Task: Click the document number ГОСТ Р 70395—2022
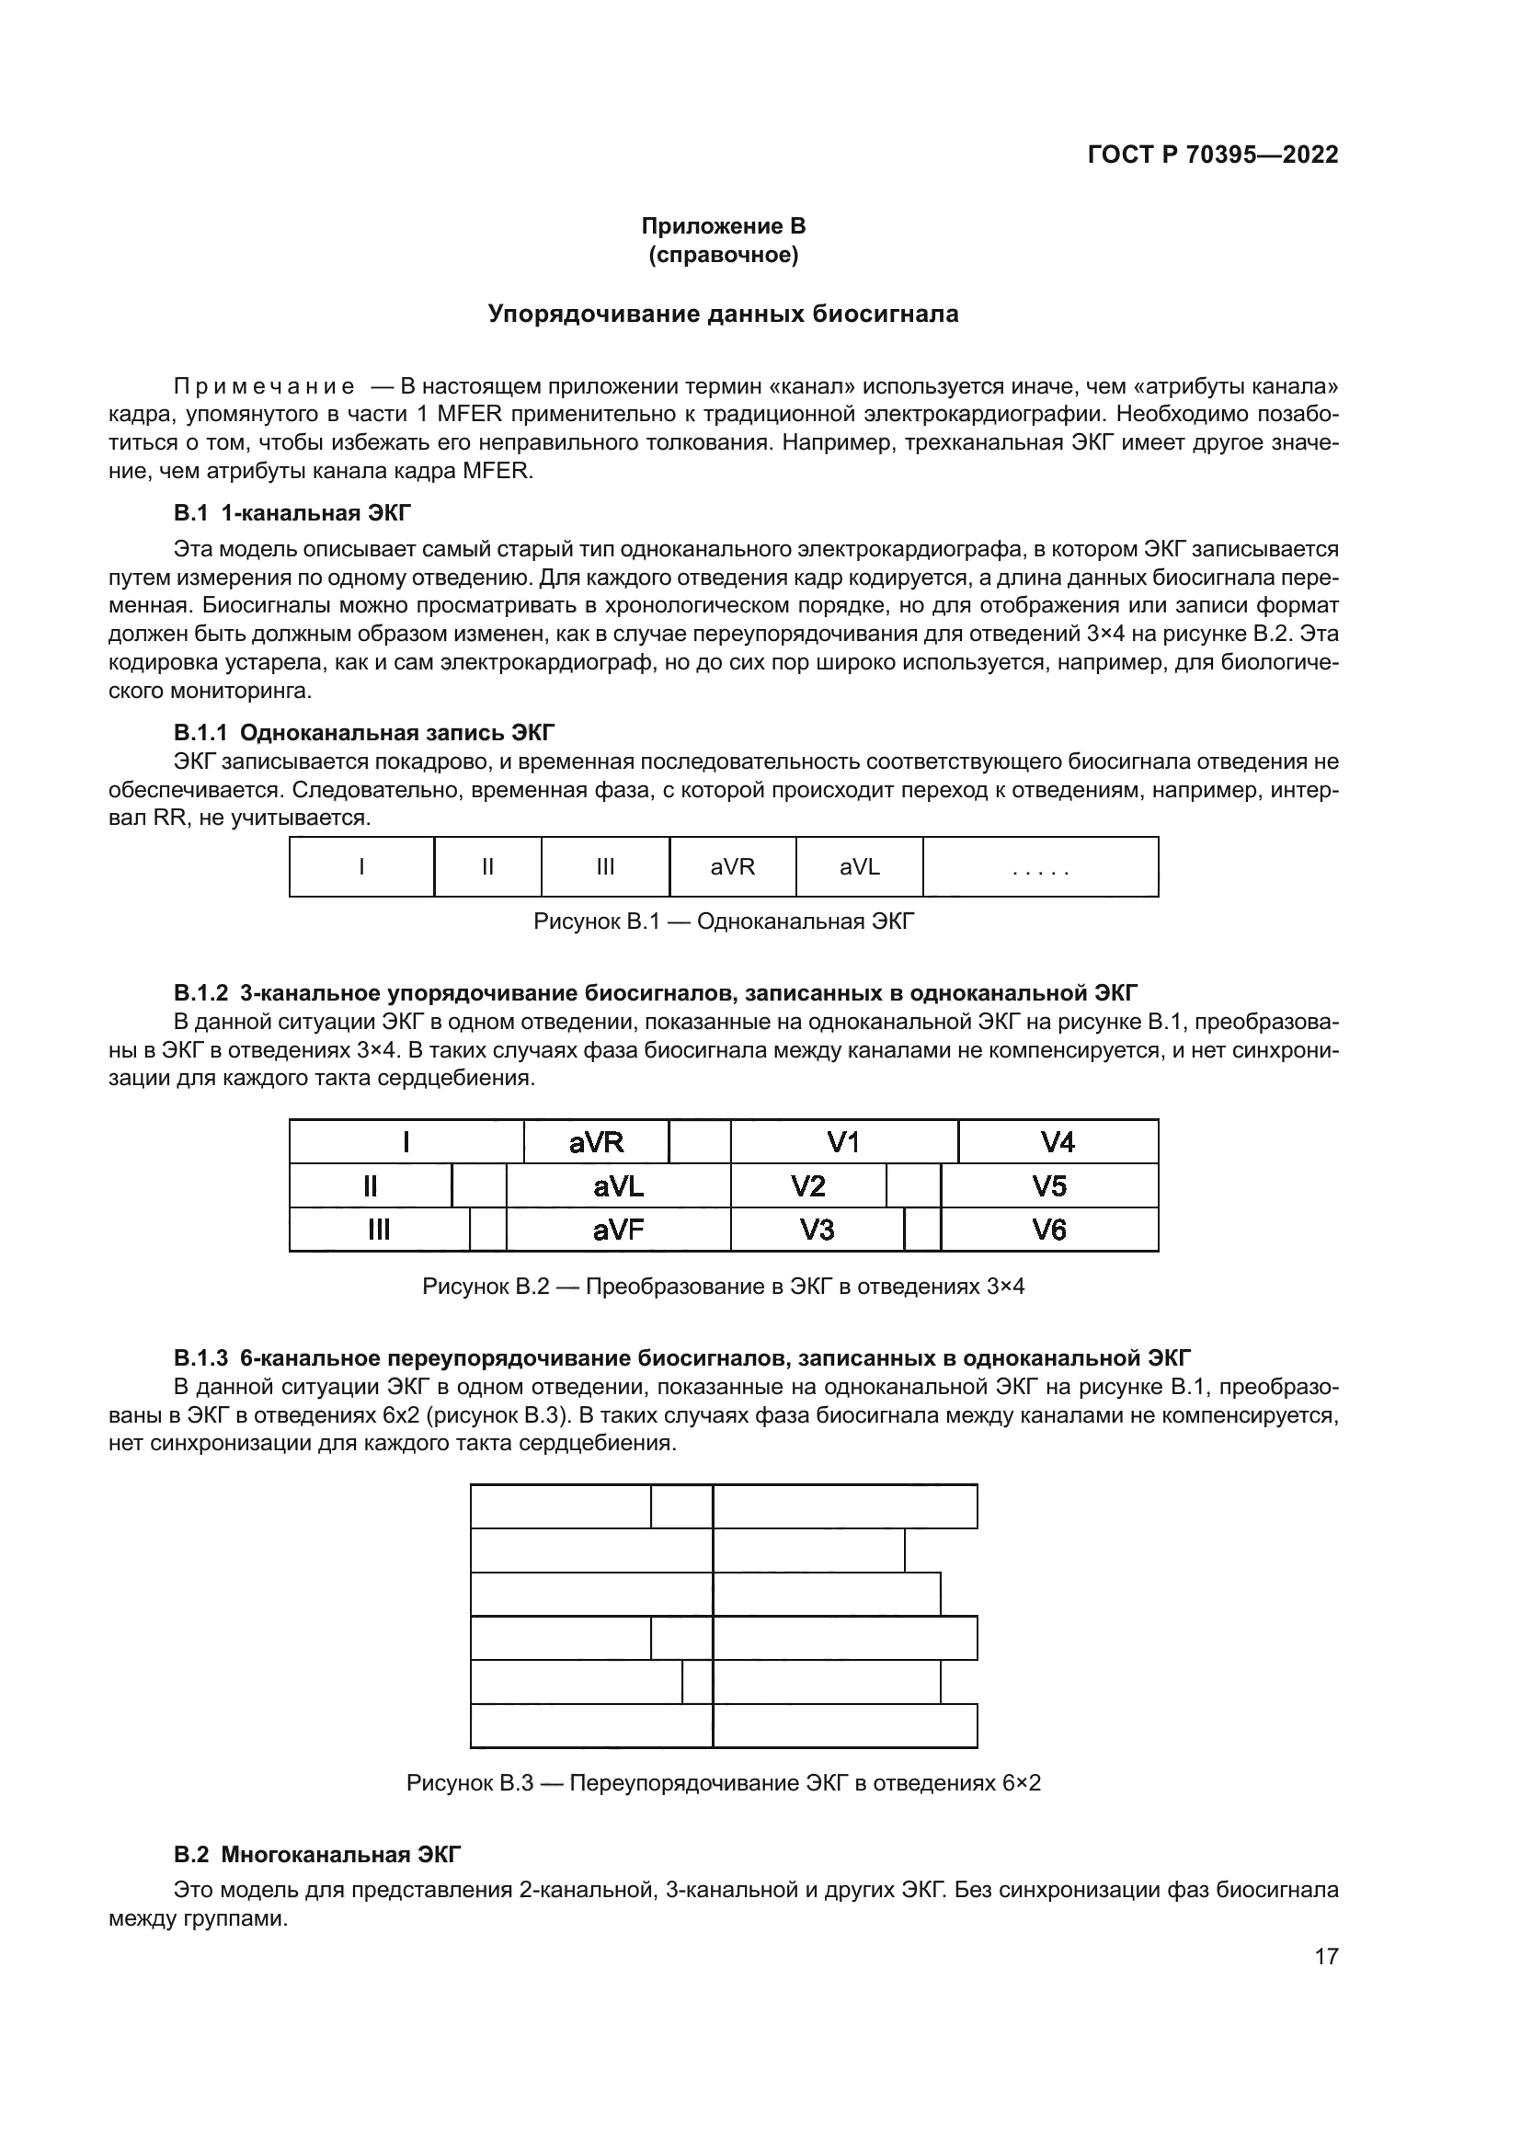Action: point(1213,155)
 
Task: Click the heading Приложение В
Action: point(723,226)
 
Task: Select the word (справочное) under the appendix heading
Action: point(723,255)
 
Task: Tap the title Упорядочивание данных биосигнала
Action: point(723,314)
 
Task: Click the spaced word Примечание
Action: point(264,387)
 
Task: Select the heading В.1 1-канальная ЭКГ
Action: point(292,512)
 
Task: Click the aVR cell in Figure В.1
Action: point(732,867)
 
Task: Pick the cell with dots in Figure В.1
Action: point(1041,867)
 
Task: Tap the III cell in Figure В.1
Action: point(605,867)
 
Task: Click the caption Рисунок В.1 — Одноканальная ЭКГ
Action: point(723,921)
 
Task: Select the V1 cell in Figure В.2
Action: point(843,1142)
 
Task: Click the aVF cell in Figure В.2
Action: point(618,1230)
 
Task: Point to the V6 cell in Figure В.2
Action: point(1049,1230)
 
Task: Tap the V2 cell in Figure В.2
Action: point(807,1187)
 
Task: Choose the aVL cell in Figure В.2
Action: point(618,1187)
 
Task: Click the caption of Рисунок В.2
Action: point(723,1287)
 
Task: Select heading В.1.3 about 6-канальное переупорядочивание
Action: point(681,1358)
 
